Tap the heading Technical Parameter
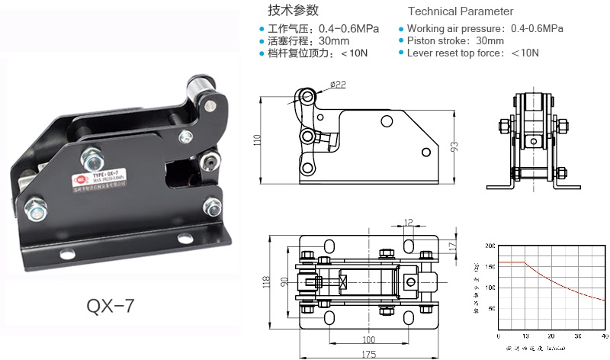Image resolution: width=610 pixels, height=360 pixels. [x=461, y=11]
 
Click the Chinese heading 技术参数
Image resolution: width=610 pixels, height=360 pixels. [x=293, y=11]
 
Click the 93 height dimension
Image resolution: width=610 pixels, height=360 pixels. [x=454, y=147]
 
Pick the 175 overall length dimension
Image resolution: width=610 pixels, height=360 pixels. [x=368, y=353]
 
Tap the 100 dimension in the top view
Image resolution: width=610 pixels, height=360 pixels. [x=368, y=339]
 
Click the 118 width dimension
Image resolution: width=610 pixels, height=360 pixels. [x=266, y=281]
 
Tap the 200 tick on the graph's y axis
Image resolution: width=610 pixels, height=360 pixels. [x=490, y=246]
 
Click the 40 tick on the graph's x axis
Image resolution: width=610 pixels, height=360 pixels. [x=605, y=336]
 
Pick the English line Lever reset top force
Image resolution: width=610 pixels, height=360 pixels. [x=473, y=53]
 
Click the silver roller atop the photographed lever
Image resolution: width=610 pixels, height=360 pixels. [x=201, y=82]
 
